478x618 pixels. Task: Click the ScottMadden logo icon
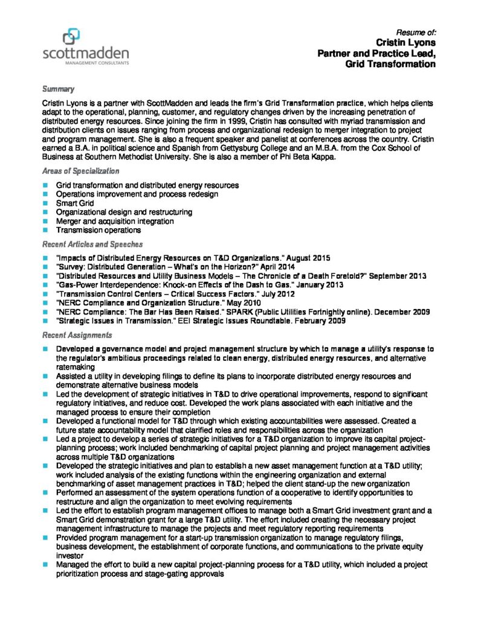tap(71, 36)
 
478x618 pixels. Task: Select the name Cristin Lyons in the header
tap(405, 43)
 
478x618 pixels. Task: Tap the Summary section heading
tap(58, 89)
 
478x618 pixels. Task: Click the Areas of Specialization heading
tap(80, 171)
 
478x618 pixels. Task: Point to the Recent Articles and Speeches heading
tap(92, 244)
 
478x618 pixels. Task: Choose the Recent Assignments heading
tap(77, 335)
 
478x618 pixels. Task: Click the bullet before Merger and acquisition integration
tap(45, 221)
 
